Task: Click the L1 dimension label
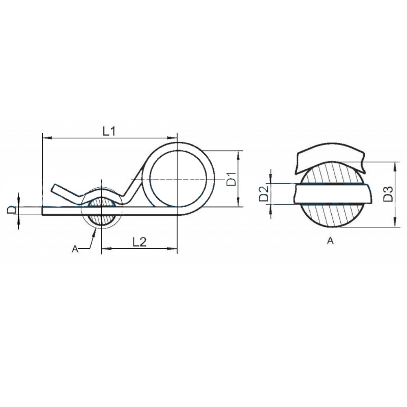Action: click(x=109, y=131)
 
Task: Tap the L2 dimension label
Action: click(x=140, y=242)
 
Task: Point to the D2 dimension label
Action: click(x=264, y=194)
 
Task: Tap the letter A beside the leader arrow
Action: click(x=75, y=249)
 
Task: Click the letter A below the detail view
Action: click(x=330, y=241)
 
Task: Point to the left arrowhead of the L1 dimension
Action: click(x=46, y=138)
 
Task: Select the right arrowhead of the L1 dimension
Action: click(x=173, y=138)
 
